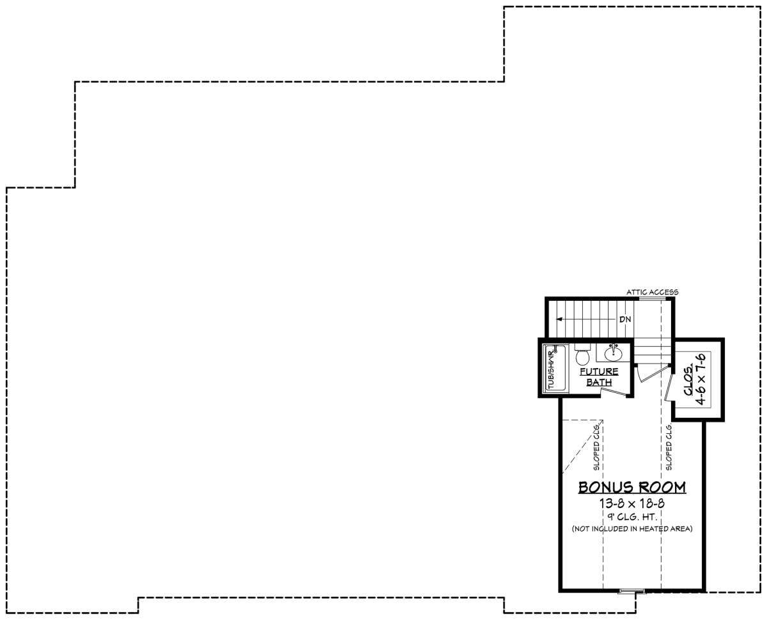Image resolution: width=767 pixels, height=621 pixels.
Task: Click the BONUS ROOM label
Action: click(632, 487)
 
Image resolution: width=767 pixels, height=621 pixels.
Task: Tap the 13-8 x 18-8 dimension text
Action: click(632, 503)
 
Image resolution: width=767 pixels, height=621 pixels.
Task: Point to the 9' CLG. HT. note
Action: click(632, 517)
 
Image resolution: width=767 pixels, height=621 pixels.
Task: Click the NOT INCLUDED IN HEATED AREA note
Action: click(632, 529)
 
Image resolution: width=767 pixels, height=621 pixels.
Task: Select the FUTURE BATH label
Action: click(599, 376)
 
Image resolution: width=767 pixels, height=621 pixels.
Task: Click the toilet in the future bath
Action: click(582, 354)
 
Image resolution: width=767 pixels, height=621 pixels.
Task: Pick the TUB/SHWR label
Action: click(551, 369)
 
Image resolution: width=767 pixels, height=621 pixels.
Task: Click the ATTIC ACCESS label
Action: click(652, 292)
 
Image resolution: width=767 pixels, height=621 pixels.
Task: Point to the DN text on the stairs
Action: click(625, 319)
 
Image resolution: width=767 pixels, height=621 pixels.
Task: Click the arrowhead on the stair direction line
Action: click(559, 319)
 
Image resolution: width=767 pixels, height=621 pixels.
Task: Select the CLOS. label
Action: click(688, 380)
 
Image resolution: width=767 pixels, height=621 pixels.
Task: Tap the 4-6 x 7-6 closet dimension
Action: click(701, 379)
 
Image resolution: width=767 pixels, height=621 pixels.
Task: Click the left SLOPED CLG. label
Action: click(596, 447)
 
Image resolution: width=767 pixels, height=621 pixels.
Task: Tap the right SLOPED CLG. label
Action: click(669, 447)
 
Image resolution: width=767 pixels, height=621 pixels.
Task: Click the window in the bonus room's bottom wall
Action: click(632, 591)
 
